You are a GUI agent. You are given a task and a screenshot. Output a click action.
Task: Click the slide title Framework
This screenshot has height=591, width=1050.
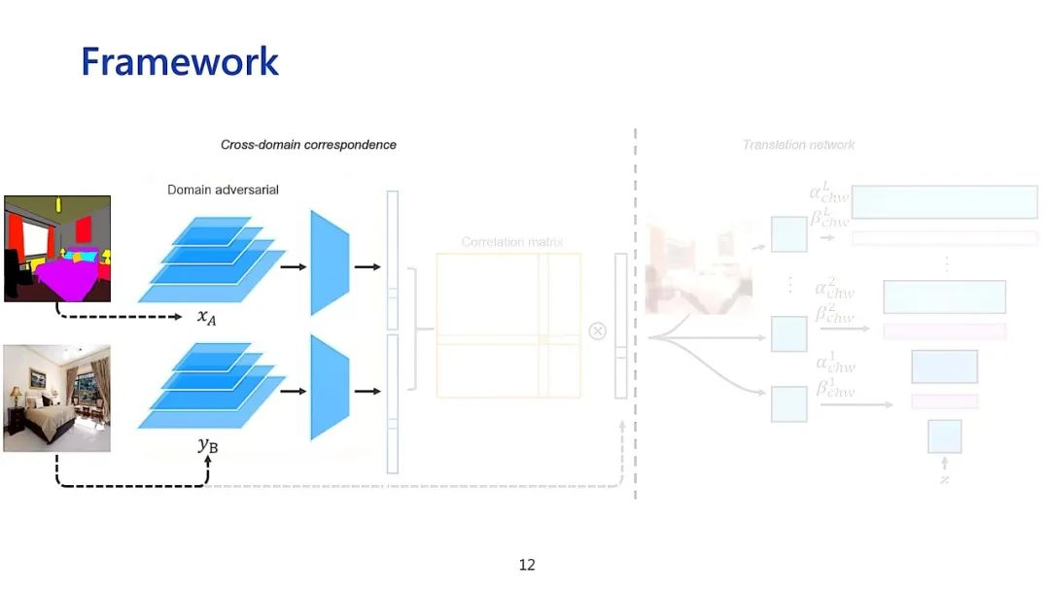[180, 62]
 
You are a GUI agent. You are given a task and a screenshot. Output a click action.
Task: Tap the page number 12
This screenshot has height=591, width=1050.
[527, 565]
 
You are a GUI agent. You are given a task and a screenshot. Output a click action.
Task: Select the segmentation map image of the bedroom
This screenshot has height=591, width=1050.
[57, 248]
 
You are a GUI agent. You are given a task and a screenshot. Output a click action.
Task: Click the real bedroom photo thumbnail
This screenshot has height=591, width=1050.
[56, 398]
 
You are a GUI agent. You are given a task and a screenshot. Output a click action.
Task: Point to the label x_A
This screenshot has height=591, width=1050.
[206, 318]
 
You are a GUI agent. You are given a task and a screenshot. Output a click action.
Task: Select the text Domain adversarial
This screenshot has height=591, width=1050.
[223, 190]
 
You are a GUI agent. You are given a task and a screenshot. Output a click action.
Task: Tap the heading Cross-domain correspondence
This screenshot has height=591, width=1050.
[308, 145]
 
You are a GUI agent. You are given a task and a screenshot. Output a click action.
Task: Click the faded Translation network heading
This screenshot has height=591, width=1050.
[798, 145]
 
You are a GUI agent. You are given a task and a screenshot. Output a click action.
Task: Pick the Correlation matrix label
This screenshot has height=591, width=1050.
[512, 242]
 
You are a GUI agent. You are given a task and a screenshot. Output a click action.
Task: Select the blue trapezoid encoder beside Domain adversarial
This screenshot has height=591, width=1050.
[330, 262]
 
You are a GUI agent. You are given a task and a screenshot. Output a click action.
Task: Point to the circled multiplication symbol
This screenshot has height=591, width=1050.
[598, 330]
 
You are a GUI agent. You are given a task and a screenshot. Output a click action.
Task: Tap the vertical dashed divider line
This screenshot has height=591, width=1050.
[636, 311]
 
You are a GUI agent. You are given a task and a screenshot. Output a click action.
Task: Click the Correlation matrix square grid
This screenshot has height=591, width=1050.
[508, 325]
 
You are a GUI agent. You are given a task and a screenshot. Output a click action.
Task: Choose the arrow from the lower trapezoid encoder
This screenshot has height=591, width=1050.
[367, 391]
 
